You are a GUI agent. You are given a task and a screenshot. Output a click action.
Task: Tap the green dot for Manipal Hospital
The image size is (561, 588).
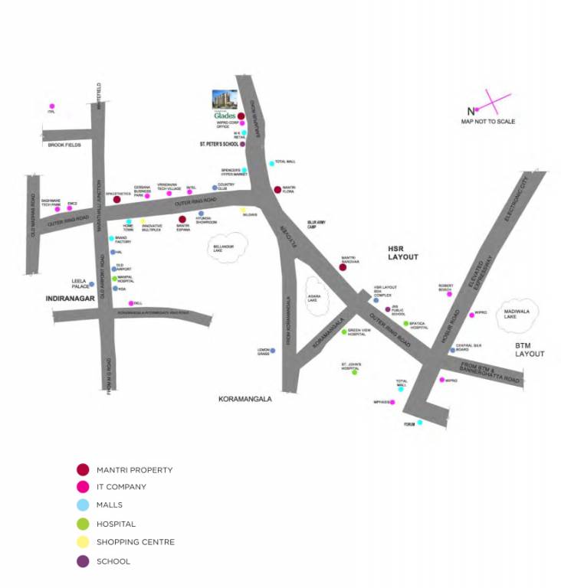click(114, 279)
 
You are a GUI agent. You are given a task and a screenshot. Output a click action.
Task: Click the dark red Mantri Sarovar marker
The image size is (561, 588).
click(343, 267)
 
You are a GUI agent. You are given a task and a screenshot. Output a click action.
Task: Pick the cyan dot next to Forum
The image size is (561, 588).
click(419, 423)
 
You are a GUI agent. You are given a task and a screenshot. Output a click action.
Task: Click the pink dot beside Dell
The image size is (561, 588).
click(131, 303)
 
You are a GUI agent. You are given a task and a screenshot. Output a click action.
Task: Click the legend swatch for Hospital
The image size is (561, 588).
click(83, 524)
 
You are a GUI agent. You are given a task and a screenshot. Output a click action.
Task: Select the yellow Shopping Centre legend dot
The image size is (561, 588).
click(83, 543)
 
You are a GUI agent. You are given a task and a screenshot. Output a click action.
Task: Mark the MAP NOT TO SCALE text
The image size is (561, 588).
click(487, 122)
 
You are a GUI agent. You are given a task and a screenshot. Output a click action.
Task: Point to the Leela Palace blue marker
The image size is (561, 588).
click(91, 284)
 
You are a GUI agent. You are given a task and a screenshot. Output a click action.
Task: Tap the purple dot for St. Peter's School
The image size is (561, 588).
click(242, 144)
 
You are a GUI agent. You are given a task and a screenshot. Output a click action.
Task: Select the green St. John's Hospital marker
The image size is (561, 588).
click(354, 372)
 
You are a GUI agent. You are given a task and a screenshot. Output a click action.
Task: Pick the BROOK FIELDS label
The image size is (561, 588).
click(64, 145)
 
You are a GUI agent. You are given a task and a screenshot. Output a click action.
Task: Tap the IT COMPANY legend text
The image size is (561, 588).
click(121, 487)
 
